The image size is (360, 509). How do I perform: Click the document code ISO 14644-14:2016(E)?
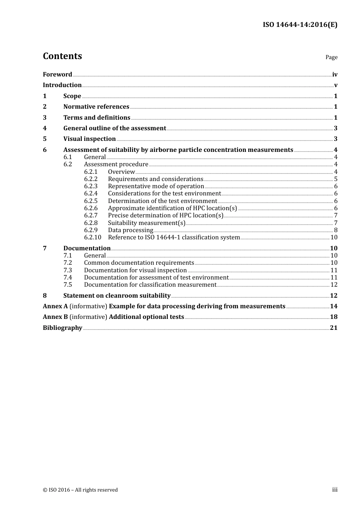pyautogui.click(x=300, y=25)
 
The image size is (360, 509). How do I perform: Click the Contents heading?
pyautogui.click(x=62, y=56)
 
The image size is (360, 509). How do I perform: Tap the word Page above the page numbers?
pyautogui.click(x=331, y=57)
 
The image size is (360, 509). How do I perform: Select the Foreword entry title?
pyautogui.click(x=57, y=75)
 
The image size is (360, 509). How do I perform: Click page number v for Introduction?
pyautogui.click(x=335, y=85)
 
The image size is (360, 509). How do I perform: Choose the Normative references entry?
pyautogui.click(x=96, y=107)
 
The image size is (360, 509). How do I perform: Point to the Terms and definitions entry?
pyautogui.click(x=97, y=118)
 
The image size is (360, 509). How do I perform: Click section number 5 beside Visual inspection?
pyautogui.click(x=45, y=139)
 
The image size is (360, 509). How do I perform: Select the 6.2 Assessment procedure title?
pyautogui.click(x=116, y=164)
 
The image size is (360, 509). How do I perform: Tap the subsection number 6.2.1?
pyautogui.click(x=91, y=172)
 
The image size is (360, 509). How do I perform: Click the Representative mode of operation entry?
pyautogui.click(x=156, y=186)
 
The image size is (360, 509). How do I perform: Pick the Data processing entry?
pyautogui.click(x=130, y=230)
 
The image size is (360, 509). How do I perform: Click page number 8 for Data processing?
pyautogui.click(x=335, y=230)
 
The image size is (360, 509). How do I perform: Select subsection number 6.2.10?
pyautogui.click(x=92, y=237)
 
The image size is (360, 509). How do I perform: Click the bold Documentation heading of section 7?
pyautogui.click(x=87, y=248)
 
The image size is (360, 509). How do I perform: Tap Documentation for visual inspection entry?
pyautogui.click(x=135, y=270)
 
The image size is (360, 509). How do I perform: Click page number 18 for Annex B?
pyautogui.click(x=333, y=317)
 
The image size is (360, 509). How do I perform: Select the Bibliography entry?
pyautogui.click(x=63, y=328)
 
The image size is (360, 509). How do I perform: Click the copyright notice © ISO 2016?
pyautogui.click(x=80, y=490)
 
